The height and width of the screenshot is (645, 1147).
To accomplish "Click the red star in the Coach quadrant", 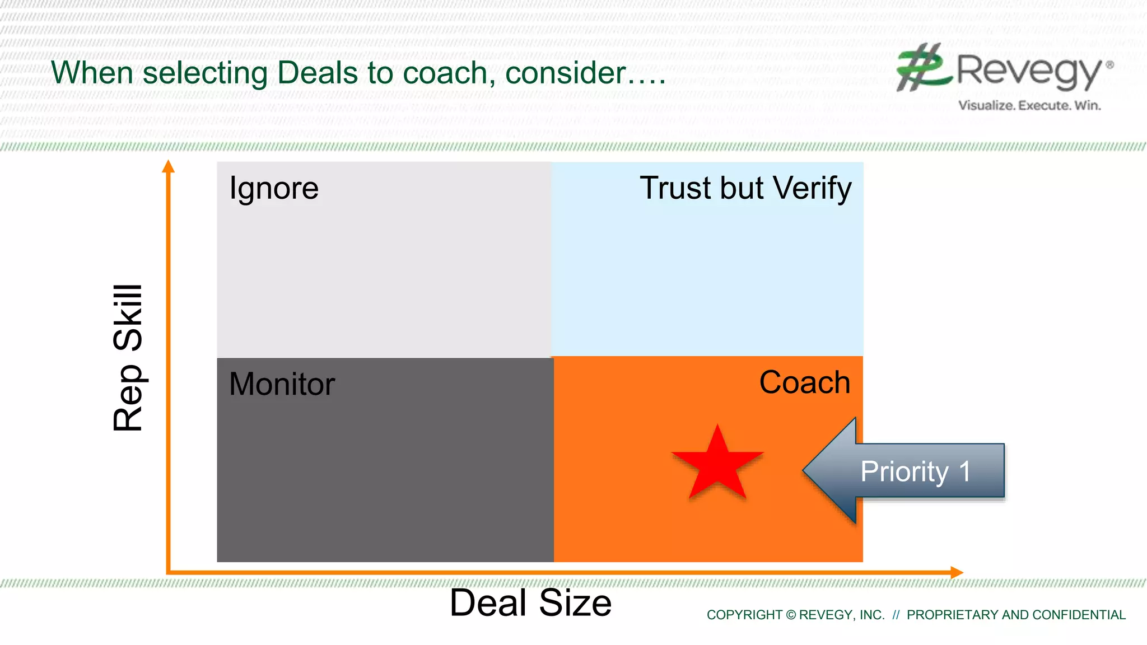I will [x=717, y=465].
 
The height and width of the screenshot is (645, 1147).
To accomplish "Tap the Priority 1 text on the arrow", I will [x=915, y=471].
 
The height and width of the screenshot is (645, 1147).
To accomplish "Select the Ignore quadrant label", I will [x=274, y=188].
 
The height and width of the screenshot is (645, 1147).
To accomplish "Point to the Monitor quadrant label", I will [x=282, y=384].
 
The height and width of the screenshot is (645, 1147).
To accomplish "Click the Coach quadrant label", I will [x=804, y=382].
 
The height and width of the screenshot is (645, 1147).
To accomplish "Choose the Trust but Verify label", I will [x=745, y=188].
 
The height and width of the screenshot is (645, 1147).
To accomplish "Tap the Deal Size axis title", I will [x=530, y=603].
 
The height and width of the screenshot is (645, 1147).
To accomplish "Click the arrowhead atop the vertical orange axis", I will [x=168, y=166].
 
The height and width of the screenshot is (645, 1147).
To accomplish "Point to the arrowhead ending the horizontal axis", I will [x=957, y=572].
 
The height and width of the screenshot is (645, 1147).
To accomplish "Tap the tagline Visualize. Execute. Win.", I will [x=1029, y=105].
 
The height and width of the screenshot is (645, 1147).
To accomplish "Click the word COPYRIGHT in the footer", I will [x=744, y=615].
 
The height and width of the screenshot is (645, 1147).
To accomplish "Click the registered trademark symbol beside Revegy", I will [x=1109, y=65].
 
